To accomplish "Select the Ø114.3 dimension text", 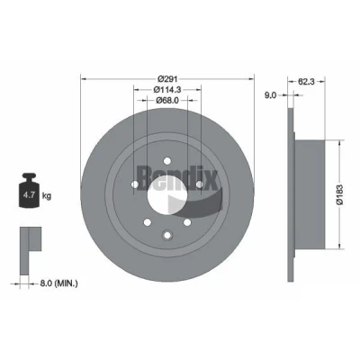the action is (167, 90).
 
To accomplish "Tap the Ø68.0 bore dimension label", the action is (167, 101).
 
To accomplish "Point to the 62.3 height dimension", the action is (306, 81).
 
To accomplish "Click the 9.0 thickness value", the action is (270, 95).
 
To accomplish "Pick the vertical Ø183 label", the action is (339, 194).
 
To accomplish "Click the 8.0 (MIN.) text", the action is (58, 283).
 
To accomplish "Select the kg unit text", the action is (47, 196).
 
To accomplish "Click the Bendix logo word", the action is (177, 178).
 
